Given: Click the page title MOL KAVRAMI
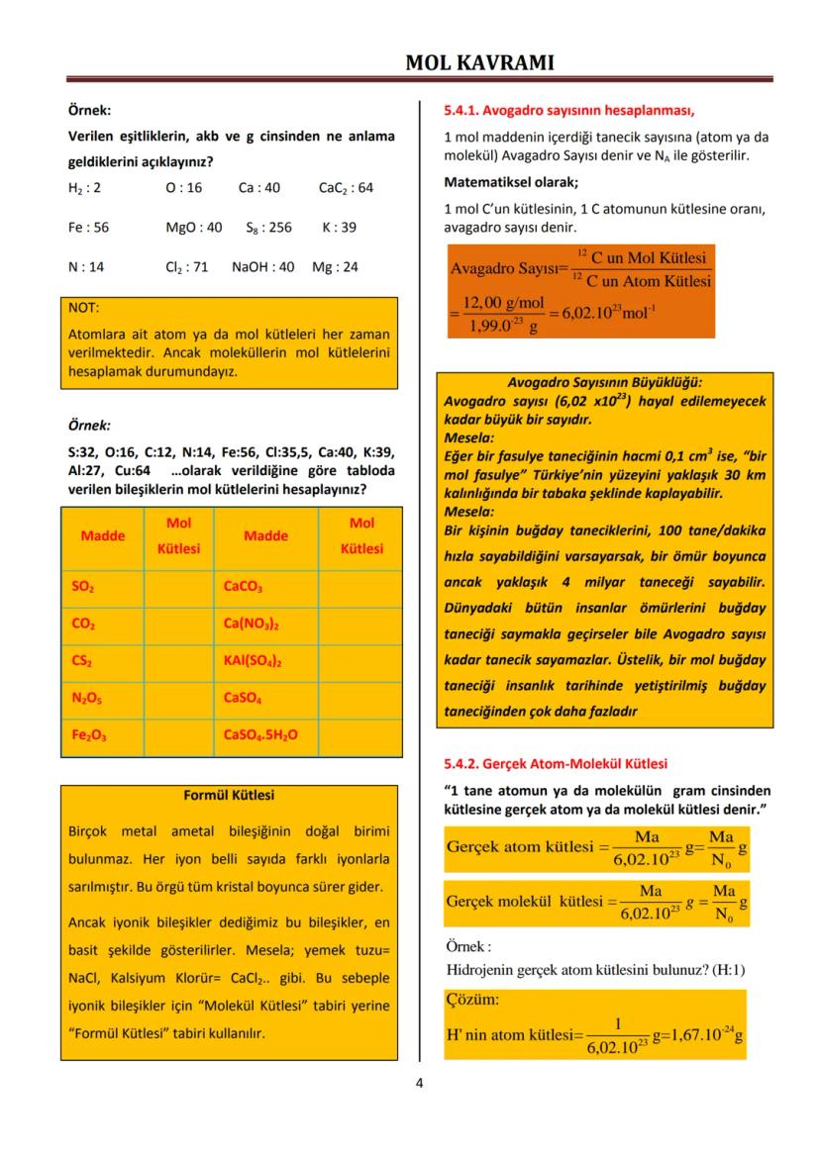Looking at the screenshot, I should (479, 62).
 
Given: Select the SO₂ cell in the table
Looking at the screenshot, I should (83, 587).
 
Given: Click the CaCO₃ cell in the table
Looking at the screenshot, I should (243, 587).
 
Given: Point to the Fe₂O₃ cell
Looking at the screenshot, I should (86, 734).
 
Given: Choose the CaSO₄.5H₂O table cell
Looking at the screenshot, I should (260, 734).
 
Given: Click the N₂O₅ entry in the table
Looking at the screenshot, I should (86, 698).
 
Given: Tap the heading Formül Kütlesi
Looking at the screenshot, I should (229, 795).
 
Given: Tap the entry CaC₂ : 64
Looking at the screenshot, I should (346, 187).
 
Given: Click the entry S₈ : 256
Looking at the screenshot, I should (268, 227).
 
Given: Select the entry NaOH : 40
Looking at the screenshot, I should (262, 267).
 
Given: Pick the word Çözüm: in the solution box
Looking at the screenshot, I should (473, 999).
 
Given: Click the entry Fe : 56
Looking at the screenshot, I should (88, 227).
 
